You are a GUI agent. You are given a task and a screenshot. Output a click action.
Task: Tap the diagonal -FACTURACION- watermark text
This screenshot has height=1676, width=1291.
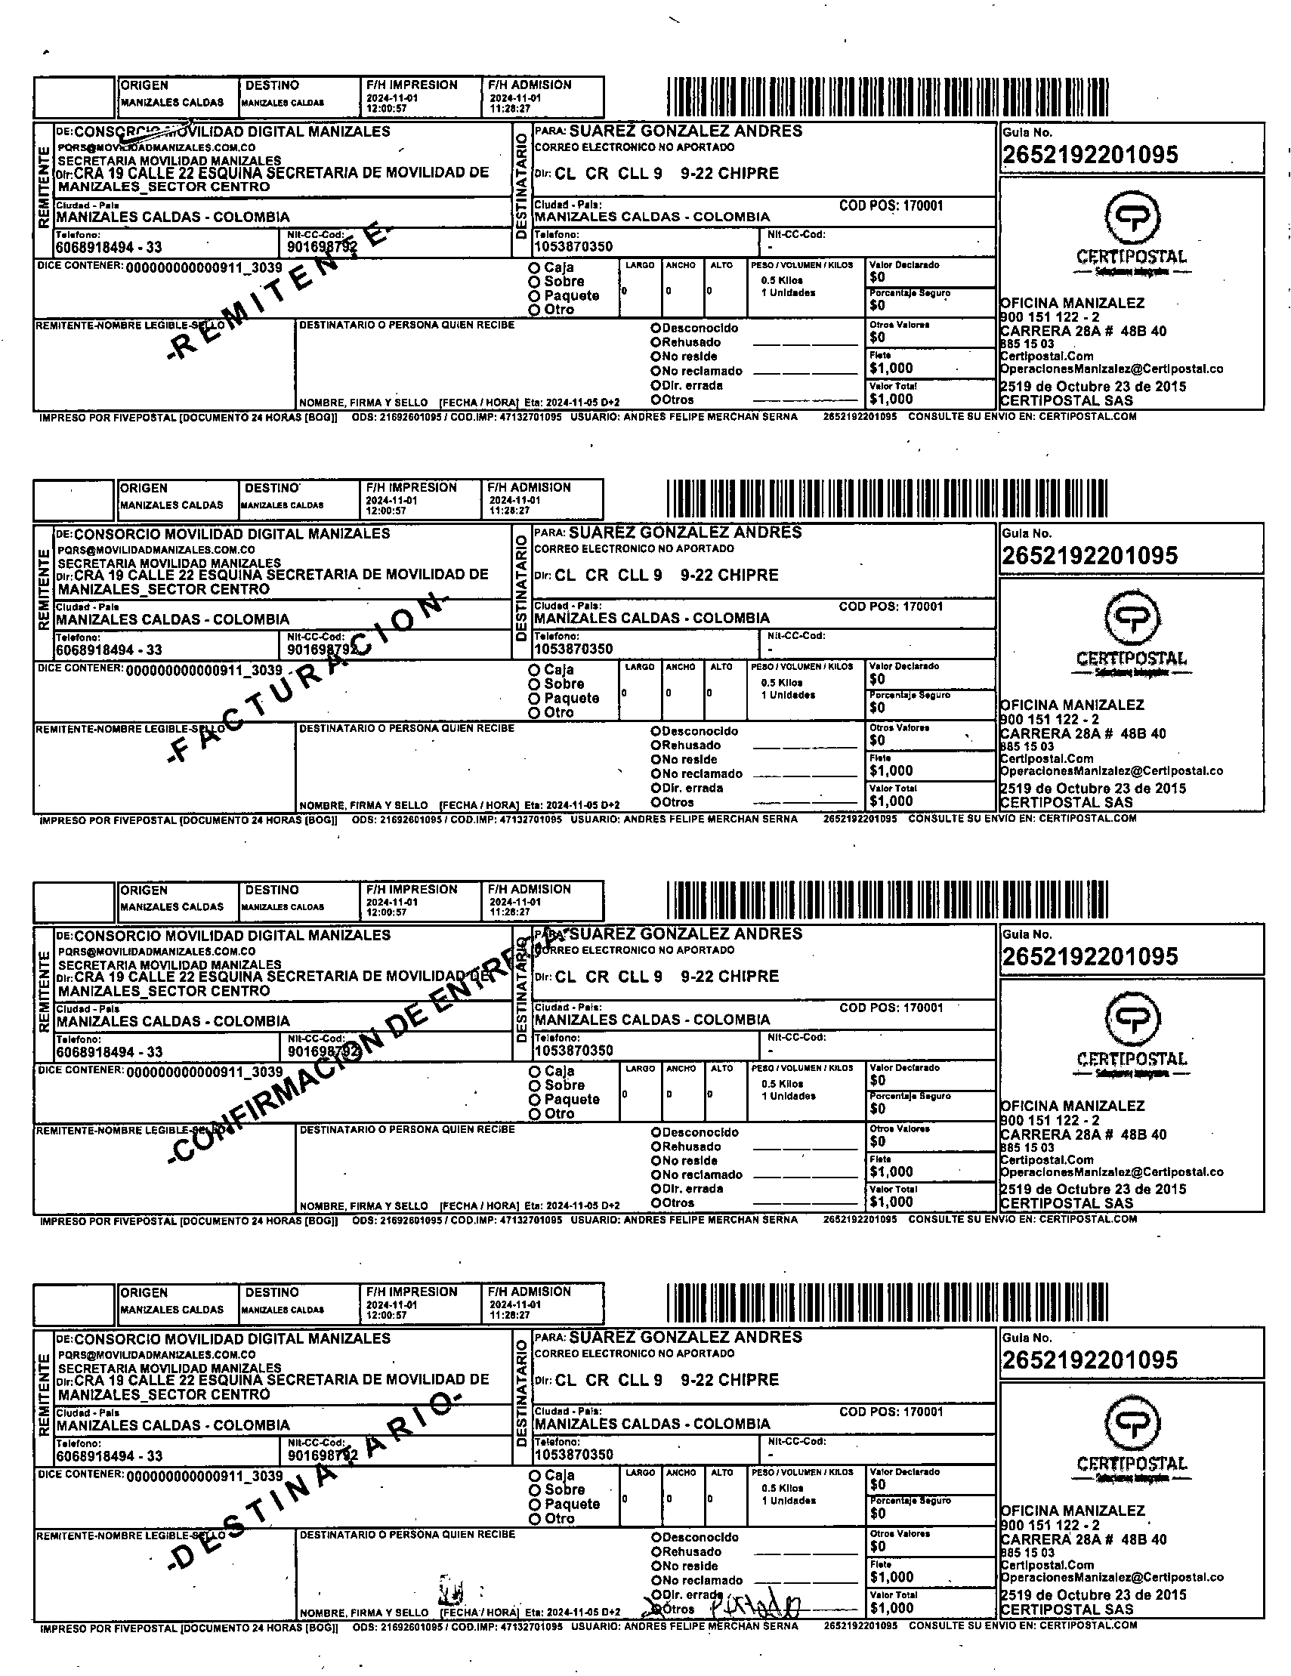(x=307, y=678)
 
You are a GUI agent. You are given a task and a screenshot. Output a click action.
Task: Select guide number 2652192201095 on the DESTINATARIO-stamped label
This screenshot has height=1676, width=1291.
(x=1089, y=1360)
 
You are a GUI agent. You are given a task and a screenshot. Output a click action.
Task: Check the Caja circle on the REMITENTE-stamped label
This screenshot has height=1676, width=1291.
(x=534, y=268)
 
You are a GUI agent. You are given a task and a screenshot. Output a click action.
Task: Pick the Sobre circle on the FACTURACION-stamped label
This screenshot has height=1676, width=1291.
(x=534, y=684)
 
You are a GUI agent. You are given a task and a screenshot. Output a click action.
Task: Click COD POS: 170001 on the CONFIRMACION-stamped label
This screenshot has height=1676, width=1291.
(x=891, y=1008)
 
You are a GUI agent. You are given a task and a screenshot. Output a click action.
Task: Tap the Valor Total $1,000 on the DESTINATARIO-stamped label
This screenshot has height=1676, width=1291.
(x=891, y=1608)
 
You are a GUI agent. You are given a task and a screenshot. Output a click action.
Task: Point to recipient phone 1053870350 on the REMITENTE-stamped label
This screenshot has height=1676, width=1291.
(x=573, y=247)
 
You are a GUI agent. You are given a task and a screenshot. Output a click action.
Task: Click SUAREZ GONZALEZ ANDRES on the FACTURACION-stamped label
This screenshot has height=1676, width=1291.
(x=684, y=532)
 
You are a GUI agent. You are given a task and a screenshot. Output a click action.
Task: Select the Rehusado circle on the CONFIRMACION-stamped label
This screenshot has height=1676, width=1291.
(x=656, y=1147)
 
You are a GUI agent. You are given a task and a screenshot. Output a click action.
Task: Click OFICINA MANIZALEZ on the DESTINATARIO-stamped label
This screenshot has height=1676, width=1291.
(x=1072, y=1511)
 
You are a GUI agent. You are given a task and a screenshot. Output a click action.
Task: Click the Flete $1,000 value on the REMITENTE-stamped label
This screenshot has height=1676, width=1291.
(x=891, y=369)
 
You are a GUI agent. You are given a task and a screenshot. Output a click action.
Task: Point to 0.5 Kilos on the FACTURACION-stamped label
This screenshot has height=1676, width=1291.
(x=781, y=682)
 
